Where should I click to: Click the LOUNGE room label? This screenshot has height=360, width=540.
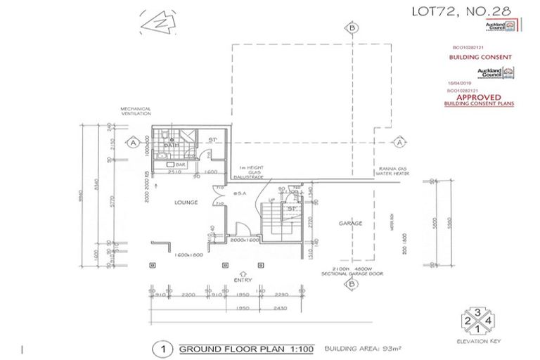click(x=186, y=202)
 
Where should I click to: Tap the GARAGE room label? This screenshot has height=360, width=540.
click(x=351, y=224)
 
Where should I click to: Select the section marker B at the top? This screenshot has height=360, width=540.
click(x=351, y=29)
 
